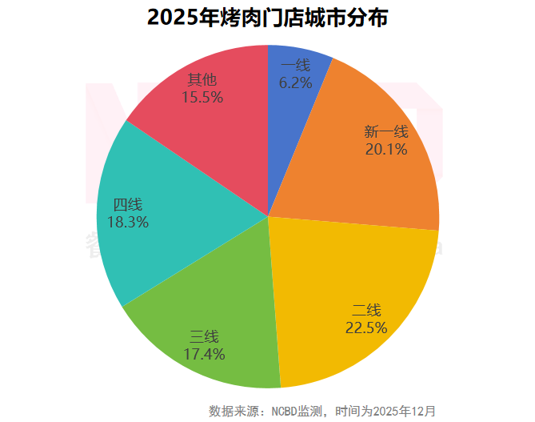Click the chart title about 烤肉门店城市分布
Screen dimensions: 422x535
coord(267,18)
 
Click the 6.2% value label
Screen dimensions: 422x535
coord(295,82)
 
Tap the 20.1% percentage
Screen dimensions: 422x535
coord(386,149)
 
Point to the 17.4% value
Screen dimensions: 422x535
coord(204,353)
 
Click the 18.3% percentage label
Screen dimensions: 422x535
coord(128,223)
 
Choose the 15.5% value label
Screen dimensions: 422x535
coord(202,97)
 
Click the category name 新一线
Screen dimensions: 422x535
coord(386,132)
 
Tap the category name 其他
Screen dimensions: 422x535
coord(202,80)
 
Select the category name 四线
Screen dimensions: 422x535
coord(128,205)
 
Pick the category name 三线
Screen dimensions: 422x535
coord(204,336)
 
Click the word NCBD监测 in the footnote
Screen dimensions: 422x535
coord(297,411)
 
